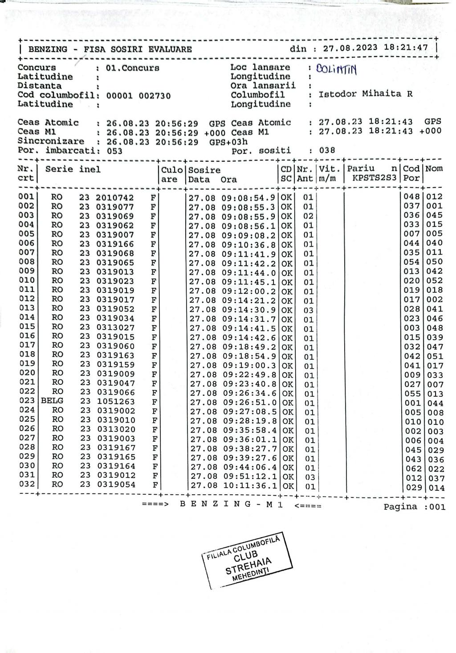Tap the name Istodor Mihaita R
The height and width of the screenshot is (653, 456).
point(366,94)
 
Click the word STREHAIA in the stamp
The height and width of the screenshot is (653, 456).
point(249,563)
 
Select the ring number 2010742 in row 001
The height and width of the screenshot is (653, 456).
point(115,197)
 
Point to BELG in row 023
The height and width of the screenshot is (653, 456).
point(52,401)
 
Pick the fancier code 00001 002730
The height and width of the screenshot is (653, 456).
point(138,95)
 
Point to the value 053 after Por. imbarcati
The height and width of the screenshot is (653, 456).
point(115,151)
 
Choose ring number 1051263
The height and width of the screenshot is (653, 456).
point(115,402)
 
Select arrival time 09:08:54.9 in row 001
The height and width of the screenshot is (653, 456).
point(249,197)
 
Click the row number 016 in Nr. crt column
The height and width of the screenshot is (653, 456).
point(27,336)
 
